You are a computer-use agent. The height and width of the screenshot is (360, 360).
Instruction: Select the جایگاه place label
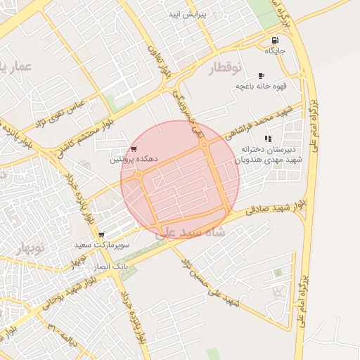(274, 51)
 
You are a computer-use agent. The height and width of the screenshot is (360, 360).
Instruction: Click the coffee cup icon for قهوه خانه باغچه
(262, 75)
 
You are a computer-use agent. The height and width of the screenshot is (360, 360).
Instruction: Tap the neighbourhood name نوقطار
(225, 67)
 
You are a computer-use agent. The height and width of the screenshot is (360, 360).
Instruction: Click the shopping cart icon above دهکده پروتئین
(134, 149)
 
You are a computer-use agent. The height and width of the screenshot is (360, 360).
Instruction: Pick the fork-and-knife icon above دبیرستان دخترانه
(268, 139)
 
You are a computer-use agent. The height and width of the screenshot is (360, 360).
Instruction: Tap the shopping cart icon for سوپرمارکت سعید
(102, 235)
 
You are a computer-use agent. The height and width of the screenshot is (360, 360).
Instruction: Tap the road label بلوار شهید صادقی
(277, 205)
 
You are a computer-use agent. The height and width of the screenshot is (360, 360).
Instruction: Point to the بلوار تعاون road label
(155, 60)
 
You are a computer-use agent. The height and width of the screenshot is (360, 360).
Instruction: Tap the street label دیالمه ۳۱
(68, 333)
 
